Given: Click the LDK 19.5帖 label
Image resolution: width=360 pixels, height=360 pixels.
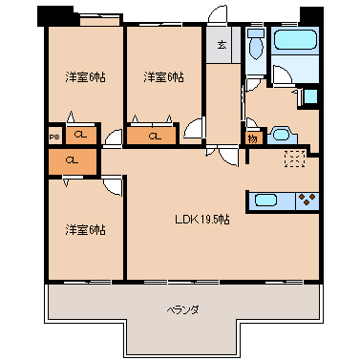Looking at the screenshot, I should pyautogui.click(x=201, y=221).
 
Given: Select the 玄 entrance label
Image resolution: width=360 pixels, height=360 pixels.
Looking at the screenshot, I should pyautogui.click(x=221, y=45).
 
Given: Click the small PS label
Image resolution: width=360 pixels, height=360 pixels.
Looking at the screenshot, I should pyautogui.click(x=53, y=136).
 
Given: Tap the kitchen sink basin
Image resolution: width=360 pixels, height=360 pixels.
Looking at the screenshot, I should pyautogui.click(x=265, y=201).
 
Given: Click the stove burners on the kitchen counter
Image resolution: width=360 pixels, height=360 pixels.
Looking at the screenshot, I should pyautogui.click(x=307, y=201).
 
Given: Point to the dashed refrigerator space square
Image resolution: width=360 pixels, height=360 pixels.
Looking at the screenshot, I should pyautogui.click(x=294, y=159).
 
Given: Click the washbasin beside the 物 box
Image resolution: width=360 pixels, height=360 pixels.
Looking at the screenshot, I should pyautogui.click(x=281, y=134).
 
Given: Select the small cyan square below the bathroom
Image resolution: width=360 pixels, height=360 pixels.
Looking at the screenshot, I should pyautogui.click(x=309, y=96).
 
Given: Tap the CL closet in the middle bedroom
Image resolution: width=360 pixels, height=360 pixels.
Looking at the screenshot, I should pyautogui.click(x=155, y=136).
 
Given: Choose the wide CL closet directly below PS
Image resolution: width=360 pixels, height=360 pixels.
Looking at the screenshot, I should pyautogui.click(x=73, y=160).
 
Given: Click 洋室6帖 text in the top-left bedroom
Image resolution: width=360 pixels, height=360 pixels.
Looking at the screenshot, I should pyautogui.click(x=85, y=76).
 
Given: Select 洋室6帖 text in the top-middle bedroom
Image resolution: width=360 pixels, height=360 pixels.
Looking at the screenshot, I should pyautogui.click(x=164, y=76).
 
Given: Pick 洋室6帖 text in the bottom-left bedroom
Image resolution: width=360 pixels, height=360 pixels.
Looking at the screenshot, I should pyautogui.click(x=85, y=230).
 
